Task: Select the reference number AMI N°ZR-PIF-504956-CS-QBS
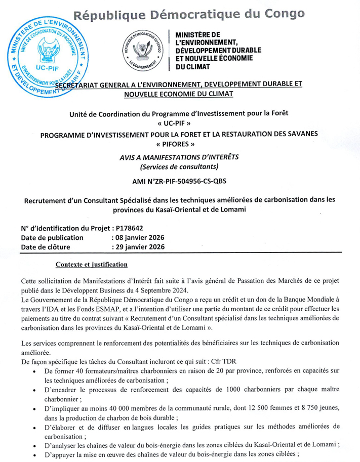coord(180,181)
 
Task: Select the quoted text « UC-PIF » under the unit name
coord(180,123)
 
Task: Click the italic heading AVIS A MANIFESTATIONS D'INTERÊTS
coord(179,157)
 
